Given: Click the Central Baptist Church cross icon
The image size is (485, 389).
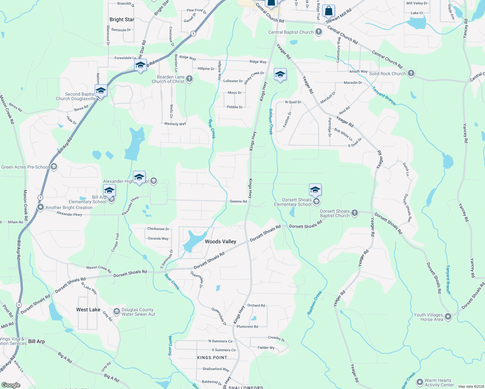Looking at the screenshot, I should [319, 32].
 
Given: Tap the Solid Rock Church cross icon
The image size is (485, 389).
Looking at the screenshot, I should [411, 73].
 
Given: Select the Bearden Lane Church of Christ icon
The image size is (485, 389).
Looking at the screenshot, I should [189, 79].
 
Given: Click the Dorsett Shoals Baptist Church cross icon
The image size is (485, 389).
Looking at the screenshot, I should [355, 213].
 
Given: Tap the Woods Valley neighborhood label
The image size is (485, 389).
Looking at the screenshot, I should [220, 242].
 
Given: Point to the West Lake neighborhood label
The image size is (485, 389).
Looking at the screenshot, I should [88, 310].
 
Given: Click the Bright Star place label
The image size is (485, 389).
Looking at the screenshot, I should [122, 19].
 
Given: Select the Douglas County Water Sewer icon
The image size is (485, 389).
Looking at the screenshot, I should [116, 312].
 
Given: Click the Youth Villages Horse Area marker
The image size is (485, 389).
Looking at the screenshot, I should [448, 317].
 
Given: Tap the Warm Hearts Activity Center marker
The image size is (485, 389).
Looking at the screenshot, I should [420, 382].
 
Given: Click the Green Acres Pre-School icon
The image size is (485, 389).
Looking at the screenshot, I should [54, 167].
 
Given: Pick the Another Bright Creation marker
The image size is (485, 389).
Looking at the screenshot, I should [41, 207].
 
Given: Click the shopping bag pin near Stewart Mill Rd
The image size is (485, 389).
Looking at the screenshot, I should [328, 11].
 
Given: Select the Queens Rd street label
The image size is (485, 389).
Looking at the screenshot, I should [238, 201].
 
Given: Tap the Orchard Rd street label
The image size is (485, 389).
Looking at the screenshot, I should [256, 305].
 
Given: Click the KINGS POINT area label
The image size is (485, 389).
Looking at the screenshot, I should [212, 358].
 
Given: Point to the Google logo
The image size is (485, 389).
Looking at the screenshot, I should [11, 385].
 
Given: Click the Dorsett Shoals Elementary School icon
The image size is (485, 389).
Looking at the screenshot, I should [316, 202].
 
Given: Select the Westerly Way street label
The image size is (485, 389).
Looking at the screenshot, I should [175, 124].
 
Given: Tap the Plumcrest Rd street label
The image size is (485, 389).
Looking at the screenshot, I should [247, 326].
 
